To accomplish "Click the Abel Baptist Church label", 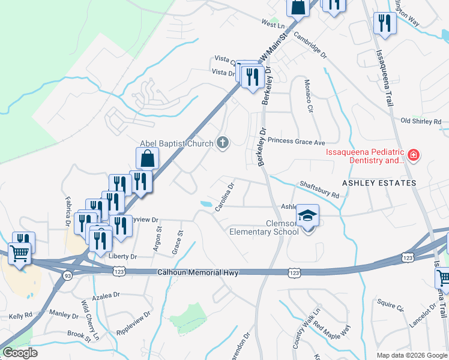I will pyautogui.click(x=176, y=143).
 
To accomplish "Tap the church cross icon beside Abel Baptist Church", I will pyautogui.click(x=223, y=143).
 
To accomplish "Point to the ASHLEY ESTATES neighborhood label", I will pyautogui.click(x=379, y=182).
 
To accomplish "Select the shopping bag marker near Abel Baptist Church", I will pyautogui.click(x=148, y=159).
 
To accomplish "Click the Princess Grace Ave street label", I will pyautogui.click(x=296, y=143).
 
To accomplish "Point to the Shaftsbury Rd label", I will pyautogui.click(x=319, y=191).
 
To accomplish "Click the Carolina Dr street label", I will pyautogui.click(x=224, y=197).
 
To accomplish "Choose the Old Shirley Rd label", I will pyautogui.click(x=420, y=121).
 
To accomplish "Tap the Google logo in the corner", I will pyautogui.click(x=19, y=353).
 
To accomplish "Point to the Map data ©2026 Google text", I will pyautogui.click(x=411, y=355).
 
